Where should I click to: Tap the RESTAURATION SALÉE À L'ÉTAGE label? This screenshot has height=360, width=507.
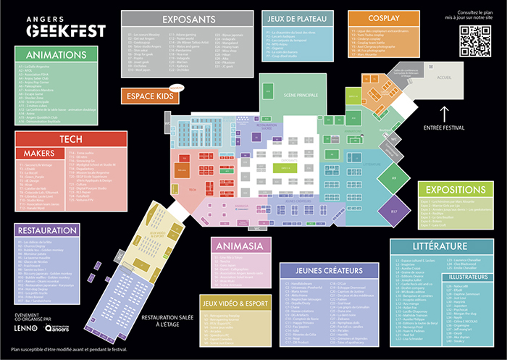(x=169, y=322)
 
